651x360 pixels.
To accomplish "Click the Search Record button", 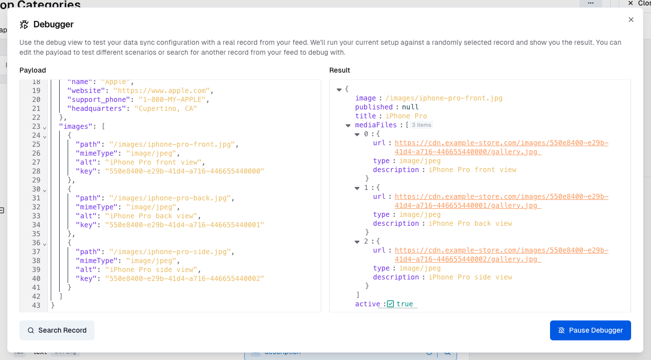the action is (x=57, y=330).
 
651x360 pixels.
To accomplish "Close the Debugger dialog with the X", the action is (x=631, y=20).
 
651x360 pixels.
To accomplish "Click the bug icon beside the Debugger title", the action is (x=24, y=24).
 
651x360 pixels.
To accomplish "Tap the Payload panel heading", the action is (x=33, y=70).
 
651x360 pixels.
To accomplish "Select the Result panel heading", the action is (x=340, y=70).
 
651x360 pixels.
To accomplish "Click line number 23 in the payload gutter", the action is (x=36, y=126).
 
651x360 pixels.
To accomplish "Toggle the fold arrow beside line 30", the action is (x=45, y=190).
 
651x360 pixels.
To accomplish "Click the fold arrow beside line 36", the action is (x=45, y=244).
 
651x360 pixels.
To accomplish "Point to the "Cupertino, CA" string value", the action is (x=166, y=108).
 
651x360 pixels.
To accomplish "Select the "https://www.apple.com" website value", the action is (x=163, y=90).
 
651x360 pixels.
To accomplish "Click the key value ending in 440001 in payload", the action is (x=184, y=225).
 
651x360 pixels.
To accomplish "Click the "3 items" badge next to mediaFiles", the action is (x=422, y=125).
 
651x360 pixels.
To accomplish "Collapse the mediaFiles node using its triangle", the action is (x=348, y=125).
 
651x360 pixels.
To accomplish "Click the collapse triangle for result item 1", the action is (x=357, y=188).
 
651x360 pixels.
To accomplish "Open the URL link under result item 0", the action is (x=501, y=143).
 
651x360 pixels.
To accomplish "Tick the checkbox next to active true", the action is (x=390, y=304).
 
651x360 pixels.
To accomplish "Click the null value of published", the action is (x=410, y=107).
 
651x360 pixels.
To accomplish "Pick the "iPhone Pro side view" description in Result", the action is (x=470, y=277).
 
